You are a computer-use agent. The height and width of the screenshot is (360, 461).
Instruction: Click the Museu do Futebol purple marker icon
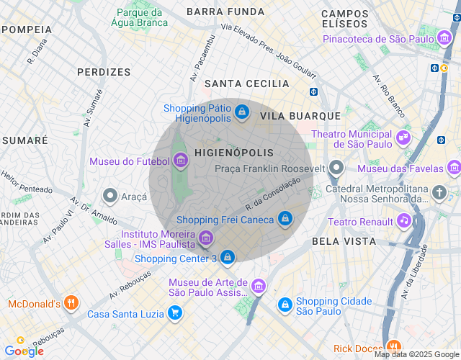180,162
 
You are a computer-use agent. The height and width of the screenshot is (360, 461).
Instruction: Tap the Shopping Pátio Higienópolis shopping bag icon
242,112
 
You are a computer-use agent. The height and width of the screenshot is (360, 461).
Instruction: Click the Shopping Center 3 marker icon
227,258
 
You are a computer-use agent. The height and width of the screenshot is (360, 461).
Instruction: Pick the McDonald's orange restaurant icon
70,303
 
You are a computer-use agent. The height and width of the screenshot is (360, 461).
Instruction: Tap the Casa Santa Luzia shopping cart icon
174,313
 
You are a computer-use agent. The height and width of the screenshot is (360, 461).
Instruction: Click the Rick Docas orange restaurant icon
393,347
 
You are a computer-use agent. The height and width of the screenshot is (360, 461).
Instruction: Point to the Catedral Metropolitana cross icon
440,192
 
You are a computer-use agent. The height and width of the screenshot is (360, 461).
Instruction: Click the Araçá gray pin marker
110,195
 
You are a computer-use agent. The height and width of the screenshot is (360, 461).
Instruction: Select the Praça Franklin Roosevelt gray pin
336,168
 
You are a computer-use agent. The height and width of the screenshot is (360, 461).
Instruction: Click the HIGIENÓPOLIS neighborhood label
234,153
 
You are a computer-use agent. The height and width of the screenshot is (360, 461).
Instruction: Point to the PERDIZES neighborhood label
104,72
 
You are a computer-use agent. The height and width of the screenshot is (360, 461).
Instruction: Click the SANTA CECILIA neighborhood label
247,84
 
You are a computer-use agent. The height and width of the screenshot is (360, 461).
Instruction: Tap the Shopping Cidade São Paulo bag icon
285,305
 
